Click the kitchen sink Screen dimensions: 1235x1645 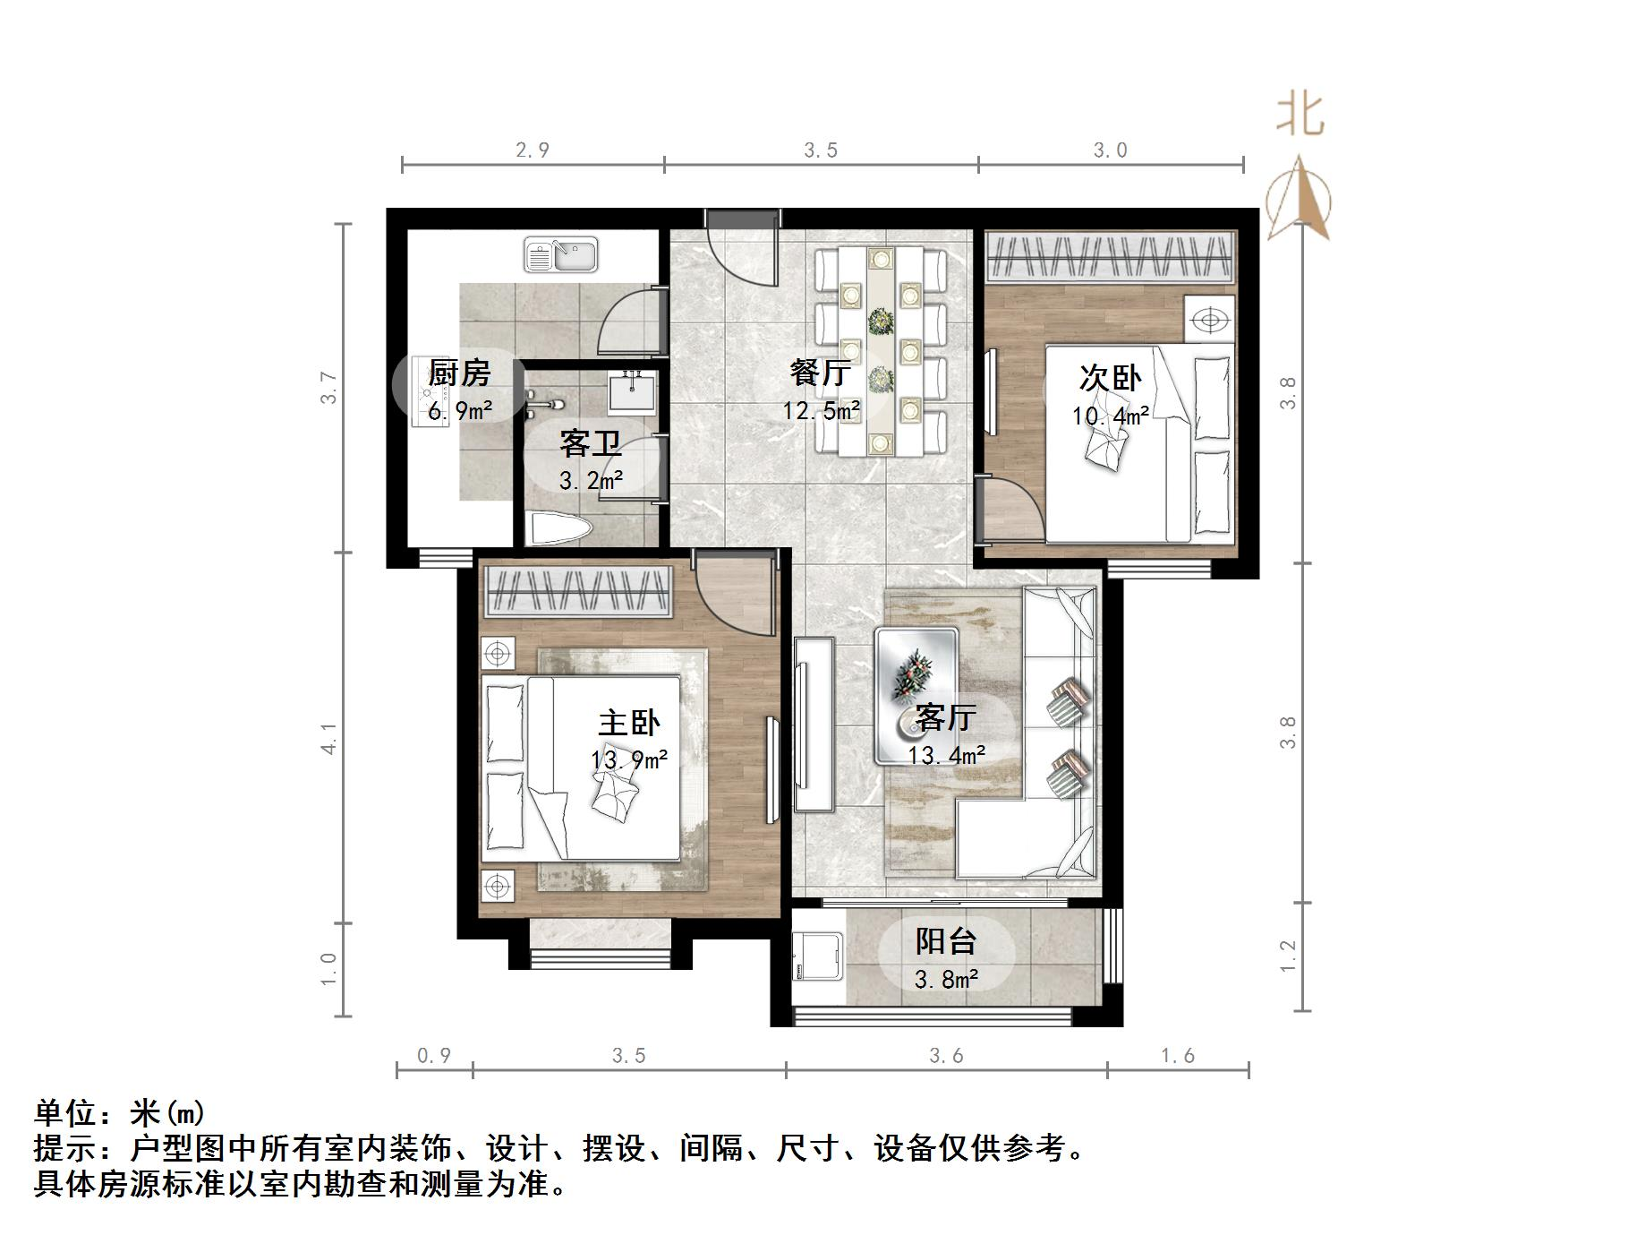pyautogui.click(x=561, y=254)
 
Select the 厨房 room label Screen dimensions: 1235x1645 pyautogui.click(x=459, y=373)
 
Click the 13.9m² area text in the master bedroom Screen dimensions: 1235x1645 pyautogui.click(x=629, y=760)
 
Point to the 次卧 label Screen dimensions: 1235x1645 pyautogui.click(x=1110, y=378)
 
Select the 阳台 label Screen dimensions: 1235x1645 pyautogui.click(x=945, y=941)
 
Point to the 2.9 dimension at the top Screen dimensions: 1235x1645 pyautogui.click(x=533, y=150)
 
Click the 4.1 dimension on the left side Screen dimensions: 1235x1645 pyautogui.click(x=329, y=738)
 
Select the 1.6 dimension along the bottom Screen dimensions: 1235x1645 pyautogui.click(x=1178, y=1056)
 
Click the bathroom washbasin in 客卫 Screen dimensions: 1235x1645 pyautogui.click(x=632, y=392)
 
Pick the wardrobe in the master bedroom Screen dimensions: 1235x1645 pyautogui.click(x=577, y=591)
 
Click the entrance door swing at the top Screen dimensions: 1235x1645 pyautogui.click(x=741, y=253)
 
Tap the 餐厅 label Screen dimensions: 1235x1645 pyautogui.click(x=820, y=373)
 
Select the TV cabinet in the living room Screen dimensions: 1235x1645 pyautogui.click(x=814, y=724)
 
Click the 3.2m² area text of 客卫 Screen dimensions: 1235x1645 pyautogui.click(x=591, y=481)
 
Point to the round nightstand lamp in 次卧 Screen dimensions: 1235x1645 pyautogui.click(x=1210, y=319)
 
